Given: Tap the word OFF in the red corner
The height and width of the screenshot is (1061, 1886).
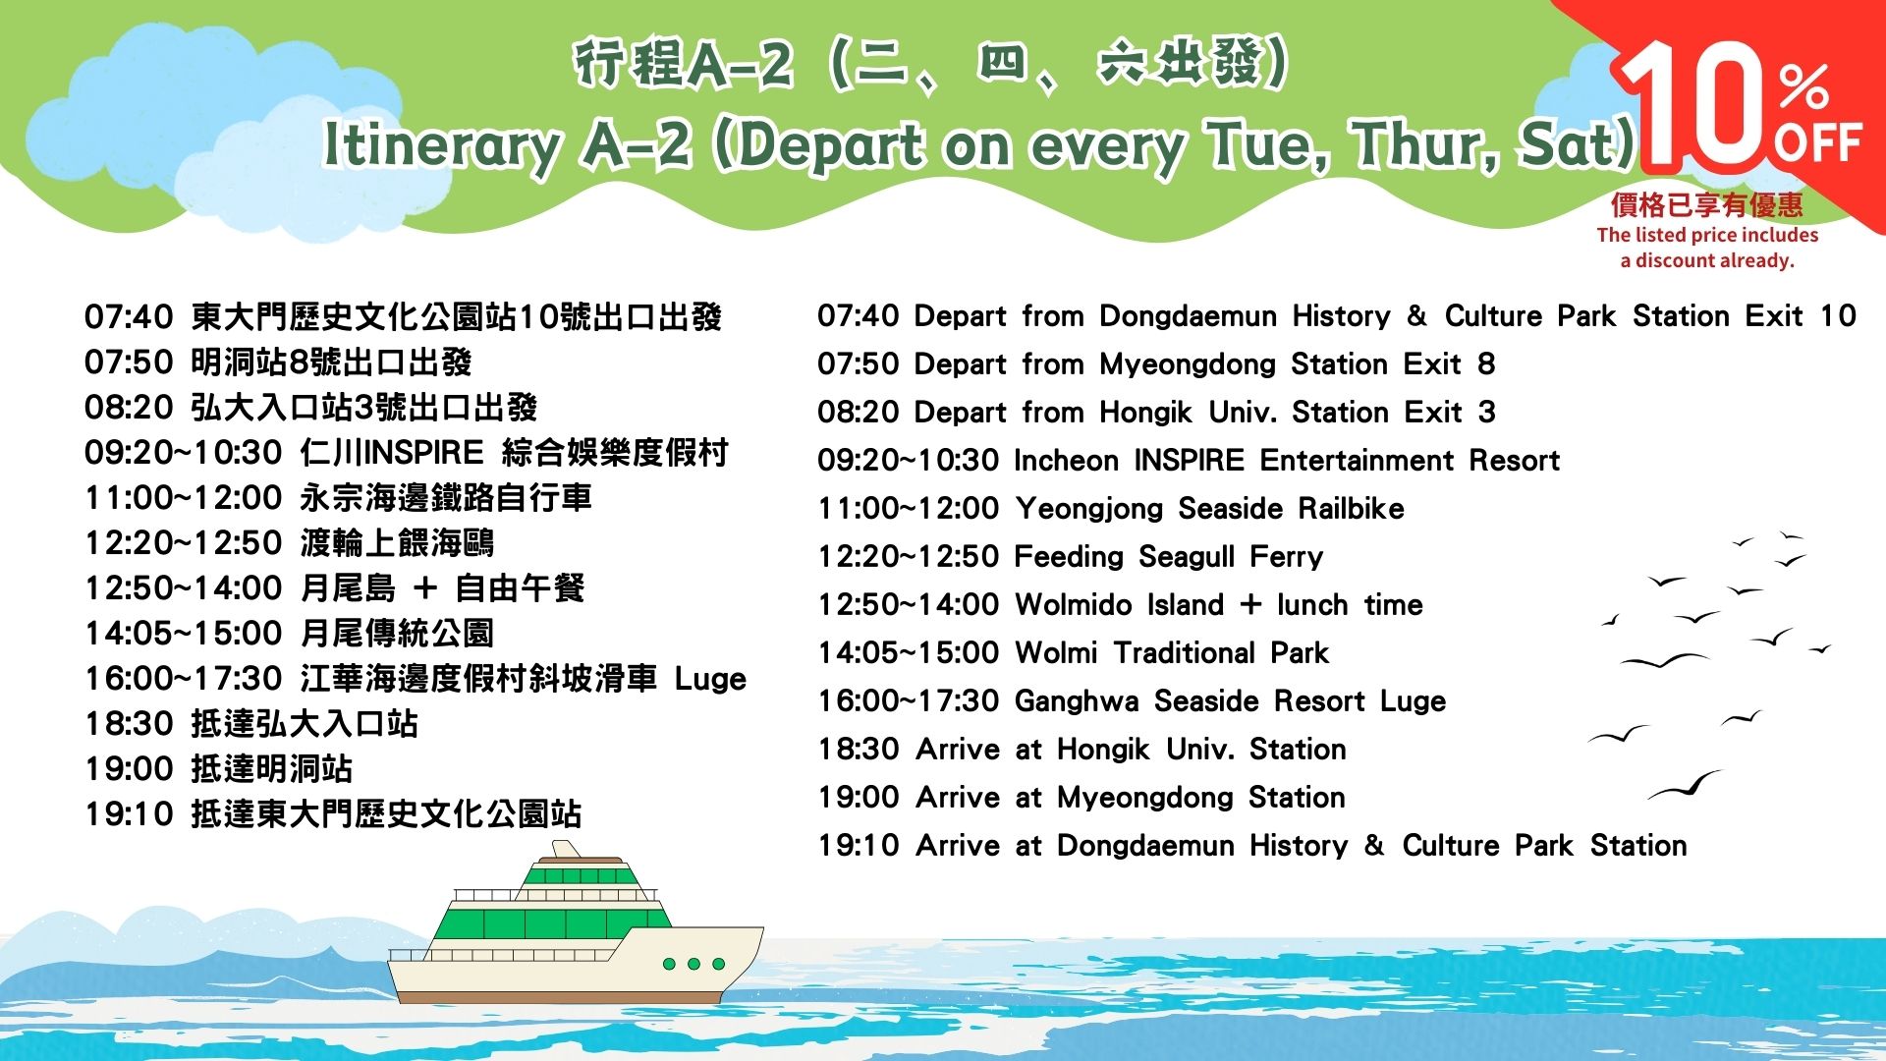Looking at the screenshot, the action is coord(1818,143).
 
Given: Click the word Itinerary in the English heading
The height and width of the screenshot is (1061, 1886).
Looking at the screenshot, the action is coord(441,145).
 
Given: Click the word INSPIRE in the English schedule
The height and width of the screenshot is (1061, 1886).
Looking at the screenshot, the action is coord(1189,460).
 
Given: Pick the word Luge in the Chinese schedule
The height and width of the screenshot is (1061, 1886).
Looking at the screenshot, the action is coord(710,680).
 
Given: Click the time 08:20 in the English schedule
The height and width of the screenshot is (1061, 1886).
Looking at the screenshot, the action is coord(858,412).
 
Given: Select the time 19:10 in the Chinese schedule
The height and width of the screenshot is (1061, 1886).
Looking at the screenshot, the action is coord(129,814).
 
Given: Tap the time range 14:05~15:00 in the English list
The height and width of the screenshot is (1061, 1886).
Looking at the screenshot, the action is coord(908,652).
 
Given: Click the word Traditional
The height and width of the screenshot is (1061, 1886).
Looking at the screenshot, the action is coord(1184,652).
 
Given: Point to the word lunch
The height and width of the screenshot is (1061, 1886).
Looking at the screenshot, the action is coord(1311,604).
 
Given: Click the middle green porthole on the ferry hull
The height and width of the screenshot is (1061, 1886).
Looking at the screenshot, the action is coord(693,964).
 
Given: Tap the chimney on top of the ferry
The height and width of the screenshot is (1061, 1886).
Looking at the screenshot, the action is coord(566,848).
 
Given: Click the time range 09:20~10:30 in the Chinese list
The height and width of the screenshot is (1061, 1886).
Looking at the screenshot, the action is coord(184,453).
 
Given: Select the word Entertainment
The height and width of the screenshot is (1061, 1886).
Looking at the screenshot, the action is coord(1356,460).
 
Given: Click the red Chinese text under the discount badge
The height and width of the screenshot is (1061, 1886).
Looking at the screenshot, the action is coord(1707,204).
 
